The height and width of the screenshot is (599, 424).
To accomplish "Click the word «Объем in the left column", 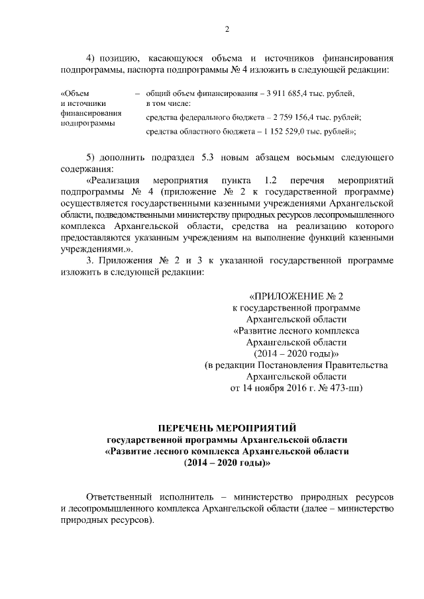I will [74, 93].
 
